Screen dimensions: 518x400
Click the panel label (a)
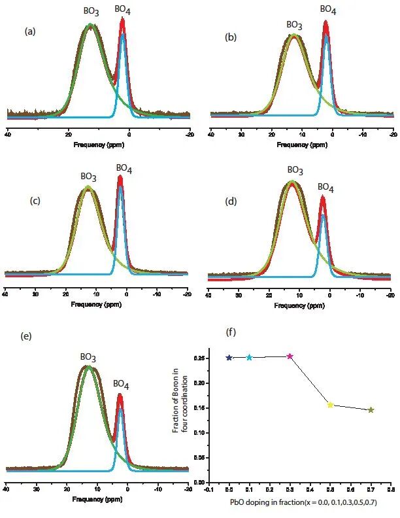pos(29,31)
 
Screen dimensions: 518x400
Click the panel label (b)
pos(231,37)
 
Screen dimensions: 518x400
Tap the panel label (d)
pos(230,201)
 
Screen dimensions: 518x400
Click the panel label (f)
pos(231,332)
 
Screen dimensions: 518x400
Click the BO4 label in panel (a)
pos(122,9)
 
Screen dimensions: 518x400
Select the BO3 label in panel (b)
pos(295,26)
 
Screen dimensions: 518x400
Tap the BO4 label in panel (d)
pos(325,187)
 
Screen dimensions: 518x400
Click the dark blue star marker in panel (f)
pos(229,358)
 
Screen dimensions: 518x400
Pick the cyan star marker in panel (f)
pos(249,358)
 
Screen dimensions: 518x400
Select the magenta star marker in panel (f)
pos(290,356)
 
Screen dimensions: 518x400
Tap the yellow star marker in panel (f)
pos(330,405)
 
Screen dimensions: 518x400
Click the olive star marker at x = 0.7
pos(371,410)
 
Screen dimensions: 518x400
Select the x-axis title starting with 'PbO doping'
pos(303,502)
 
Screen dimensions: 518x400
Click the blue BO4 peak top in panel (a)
pos(123,35)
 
